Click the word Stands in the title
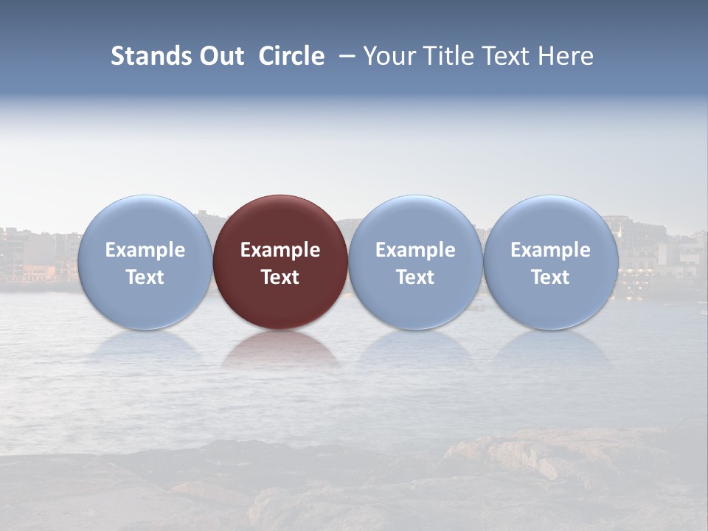(x=150, y=56)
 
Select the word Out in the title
(x=220, y=56)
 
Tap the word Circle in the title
(x=291, y=56)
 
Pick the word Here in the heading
(x=567, y=56)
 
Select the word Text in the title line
(x=508, y=56)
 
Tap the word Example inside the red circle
(x=280, y=250)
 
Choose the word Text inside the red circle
(x=280, y=277)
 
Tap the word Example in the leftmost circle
(x=145, y=250)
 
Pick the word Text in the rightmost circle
(x=551, y=277)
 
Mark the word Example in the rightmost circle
(x=551, y=250)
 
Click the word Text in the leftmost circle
(x=145, y=277)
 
